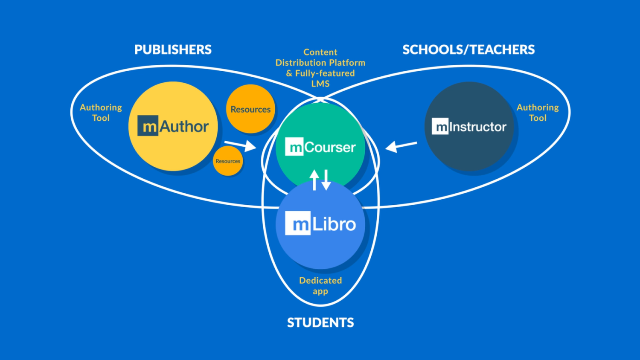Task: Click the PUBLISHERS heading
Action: (173, 50)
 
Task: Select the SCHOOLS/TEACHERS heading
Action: (468, 50)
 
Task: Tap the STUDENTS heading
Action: (320, 322)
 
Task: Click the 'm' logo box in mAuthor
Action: (148, 126)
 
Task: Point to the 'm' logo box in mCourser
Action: (294, 147)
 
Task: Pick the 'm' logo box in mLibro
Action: (297, 223)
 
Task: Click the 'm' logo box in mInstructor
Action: (440, 127)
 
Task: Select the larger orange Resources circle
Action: (250, 109)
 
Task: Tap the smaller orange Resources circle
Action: (228, 161)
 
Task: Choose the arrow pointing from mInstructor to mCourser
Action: (401, 146)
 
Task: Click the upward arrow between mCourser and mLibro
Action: (314, 180)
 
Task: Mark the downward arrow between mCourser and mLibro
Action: (326, 180)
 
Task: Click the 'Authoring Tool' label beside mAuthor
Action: (101, 113)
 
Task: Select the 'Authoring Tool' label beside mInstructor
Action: (538, 113)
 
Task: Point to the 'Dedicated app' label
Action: (320, 286)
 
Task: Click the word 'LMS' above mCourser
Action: (320, 84)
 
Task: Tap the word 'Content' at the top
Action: (320, 52)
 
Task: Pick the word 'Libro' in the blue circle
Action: (334, 224)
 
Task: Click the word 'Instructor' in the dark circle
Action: (478, 127)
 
